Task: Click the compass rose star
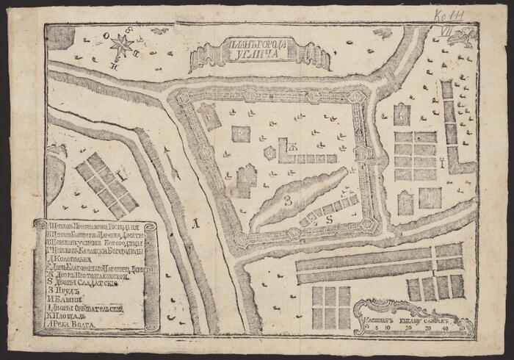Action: coord(122,46)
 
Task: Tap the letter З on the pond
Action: coord(289,199)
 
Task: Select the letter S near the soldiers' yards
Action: coord(330,218)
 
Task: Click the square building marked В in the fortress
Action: coord(241,133)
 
